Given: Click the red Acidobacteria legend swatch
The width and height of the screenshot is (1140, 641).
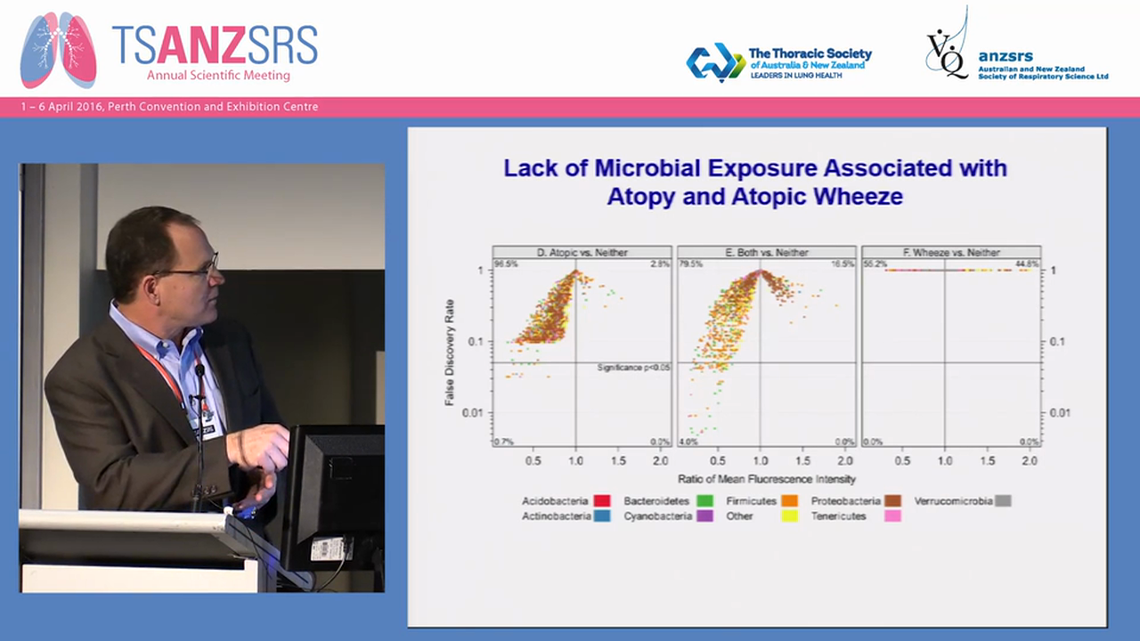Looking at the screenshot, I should coord(601,501).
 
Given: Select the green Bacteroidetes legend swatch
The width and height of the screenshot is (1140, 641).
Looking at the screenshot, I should coord(704,501).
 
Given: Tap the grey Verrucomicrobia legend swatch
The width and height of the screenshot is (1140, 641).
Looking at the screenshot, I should coord(1003,501).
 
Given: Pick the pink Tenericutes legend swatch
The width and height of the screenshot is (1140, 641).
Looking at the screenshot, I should coord(892,516).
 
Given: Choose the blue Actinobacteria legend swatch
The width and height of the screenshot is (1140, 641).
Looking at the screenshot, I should coord(601,516).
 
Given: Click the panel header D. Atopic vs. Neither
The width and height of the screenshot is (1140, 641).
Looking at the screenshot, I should coord(582,252).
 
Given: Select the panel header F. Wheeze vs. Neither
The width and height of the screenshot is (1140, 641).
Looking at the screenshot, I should coord(950,252).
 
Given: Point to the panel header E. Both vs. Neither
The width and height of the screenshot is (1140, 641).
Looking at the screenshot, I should coord(766,252).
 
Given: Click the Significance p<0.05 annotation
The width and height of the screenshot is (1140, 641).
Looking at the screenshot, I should coord(632,367).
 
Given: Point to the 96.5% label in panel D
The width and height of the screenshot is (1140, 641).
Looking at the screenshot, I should coord(506,264).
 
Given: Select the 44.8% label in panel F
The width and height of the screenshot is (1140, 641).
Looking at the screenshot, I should coord(1028,264).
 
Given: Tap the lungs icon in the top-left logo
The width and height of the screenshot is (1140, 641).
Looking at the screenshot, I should coord(58,50).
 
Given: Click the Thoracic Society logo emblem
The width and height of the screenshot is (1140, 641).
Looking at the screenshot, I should coord(715,62).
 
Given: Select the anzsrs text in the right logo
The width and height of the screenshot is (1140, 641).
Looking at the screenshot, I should coord(1006,56).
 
